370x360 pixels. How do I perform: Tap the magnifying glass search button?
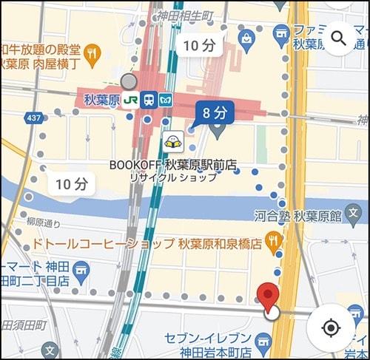click(339, 38)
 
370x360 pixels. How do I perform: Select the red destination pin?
click(268, 296)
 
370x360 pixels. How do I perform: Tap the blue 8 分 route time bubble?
click(213, 112)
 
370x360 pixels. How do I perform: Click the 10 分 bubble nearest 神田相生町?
click(199, 45)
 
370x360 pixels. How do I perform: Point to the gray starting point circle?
click(129, 81)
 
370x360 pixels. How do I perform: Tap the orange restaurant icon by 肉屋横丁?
click(91, 52)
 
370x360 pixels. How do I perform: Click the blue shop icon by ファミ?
click(280, 33)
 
